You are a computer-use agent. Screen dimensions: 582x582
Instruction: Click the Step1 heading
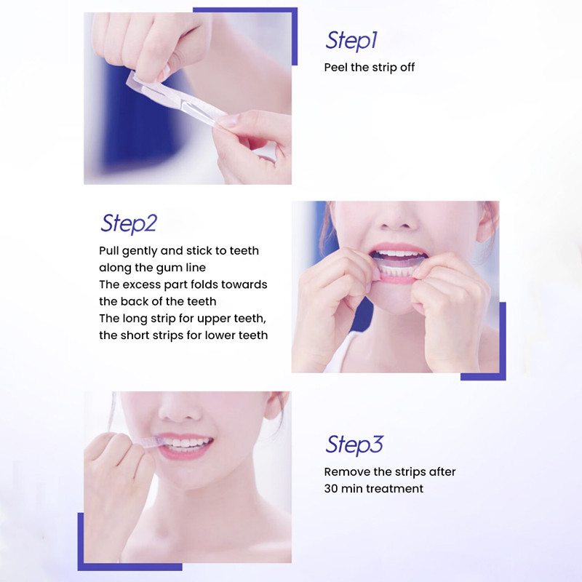(x=351, y=41)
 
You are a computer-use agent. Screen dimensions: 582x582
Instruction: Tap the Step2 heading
(x=129, y=223)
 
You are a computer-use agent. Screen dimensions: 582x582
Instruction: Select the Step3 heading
(x=354, y=445)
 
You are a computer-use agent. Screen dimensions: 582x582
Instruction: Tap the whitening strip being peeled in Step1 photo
(x=175, y=97)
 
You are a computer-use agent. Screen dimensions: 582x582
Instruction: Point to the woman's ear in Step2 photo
(x=487, y=223)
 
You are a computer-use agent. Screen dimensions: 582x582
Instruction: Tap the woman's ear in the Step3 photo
(x=276, y=405)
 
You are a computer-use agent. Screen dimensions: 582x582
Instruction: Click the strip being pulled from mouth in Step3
(x=151, y=442)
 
